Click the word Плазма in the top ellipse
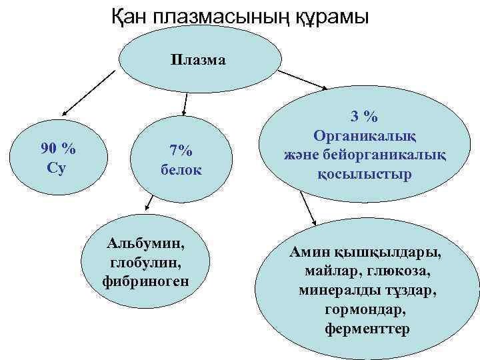click(x=198, y=61)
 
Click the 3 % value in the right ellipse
click(x=365, y=116)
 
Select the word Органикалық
click(x=365, y=135)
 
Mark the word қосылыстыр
click(x=365, y=174)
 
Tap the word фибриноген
click(x=146, y=281)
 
